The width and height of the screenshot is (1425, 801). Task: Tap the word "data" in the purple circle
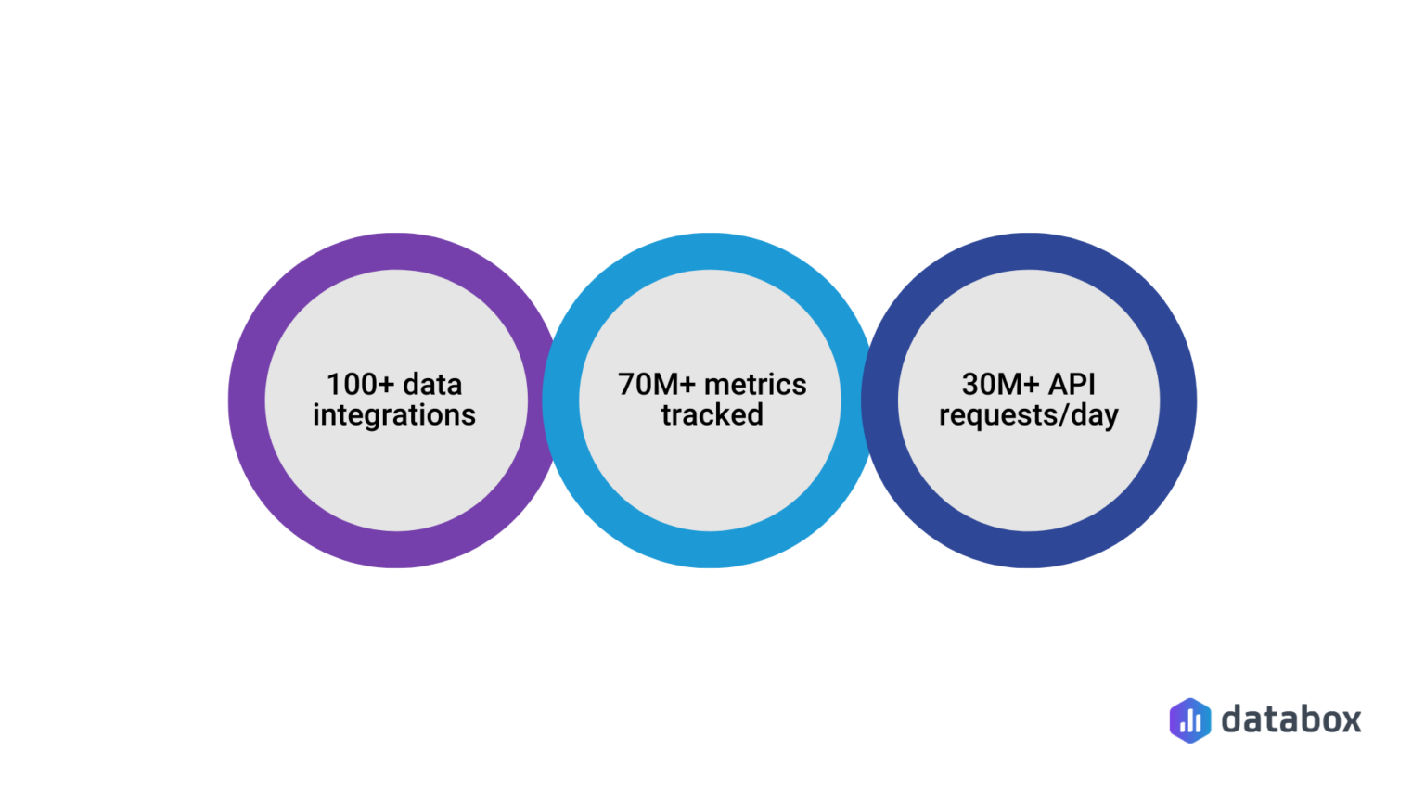(x=432, y=385)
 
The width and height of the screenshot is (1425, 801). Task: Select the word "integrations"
(x=394, y=415)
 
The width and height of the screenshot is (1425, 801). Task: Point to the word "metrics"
(x=755, y=385)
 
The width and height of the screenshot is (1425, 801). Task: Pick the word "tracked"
(x=712, y=415)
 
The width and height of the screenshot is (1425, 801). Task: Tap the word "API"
(x=1072, y=385)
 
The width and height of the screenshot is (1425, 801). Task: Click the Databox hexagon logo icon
(x=1190, y=720)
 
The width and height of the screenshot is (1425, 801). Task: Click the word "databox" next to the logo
(x=1291, y=719)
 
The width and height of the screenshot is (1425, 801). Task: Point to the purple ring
(x=246, y=400)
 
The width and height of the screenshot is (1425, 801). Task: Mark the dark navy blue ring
(x=1178, y=400)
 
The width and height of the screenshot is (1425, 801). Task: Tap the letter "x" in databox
(x=1349, y=721)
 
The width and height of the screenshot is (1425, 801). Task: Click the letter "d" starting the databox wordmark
(x=1233, y=719)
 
